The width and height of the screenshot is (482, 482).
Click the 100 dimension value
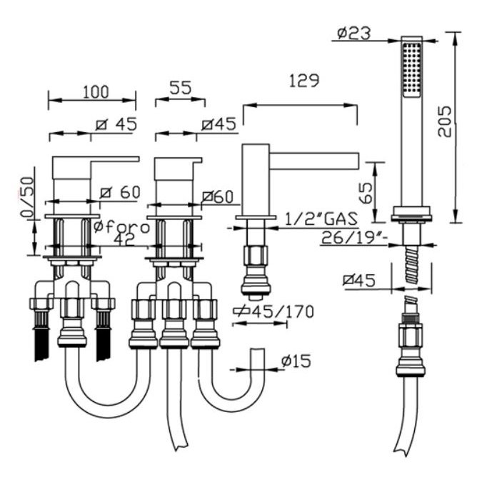(x=96, y=91)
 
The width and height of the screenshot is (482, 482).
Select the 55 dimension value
(x=181, y=88)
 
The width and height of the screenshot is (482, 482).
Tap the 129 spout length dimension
(x=304, y=80)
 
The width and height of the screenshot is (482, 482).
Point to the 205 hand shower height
(x=445, y=121)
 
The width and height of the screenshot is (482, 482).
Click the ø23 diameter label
(x=353, y=33)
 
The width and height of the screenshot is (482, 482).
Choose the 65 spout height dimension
(x=366, y=194)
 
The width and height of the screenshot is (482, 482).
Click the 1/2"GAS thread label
(x=321, y=219)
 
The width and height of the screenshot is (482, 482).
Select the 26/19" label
(x=353, y=237)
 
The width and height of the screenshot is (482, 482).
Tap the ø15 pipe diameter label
(x=296, y=361)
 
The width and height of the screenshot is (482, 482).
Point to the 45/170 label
(x=273, y=312)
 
